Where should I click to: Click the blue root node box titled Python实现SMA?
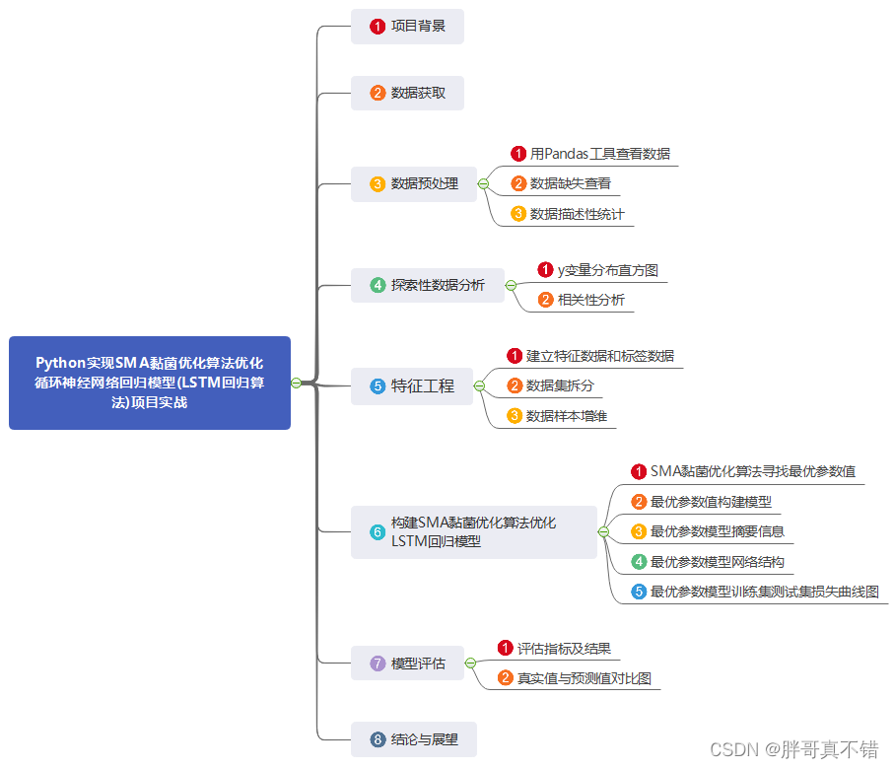point(150,383)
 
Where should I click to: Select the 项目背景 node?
point(407,27)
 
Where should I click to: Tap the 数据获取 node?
point(407,93)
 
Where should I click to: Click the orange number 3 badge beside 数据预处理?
point(378,183)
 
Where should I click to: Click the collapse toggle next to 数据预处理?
point(483,183)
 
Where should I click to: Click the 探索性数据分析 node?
point(427,285)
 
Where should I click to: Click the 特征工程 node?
point(412,386)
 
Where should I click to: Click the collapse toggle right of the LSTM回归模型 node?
point(603,532)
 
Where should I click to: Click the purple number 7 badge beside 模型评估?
point(378,664)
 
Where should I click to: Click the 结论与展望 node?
point(414,738)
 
